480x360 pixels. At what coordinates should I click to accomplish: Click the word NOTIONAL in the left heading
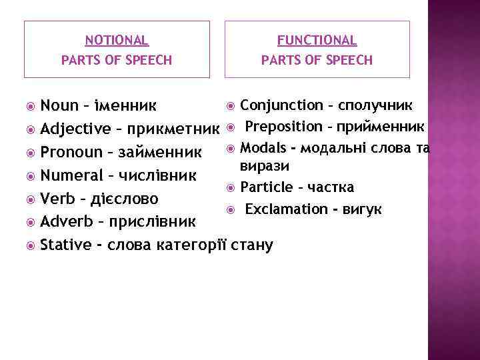(117, 41)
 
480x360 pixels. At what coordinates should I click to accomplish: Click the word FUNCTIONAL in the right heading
(317, 41)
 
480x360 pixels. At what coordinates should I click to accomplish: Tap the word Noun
(59, 105)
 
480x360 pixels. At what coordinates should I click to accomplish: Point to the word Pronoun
(69, 153)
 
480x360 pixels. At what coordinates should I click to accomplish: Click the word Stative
(66, 245)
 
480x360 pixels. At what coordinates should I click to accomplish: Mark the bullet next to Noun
(30, 106)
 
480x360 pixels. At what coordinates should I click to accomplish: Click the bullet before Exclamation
(230, 210)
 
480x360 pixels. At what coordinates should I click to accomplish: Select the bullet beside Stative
(30, 245)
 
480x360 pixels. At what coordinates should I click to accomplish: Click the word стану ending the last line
(252, 245)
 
